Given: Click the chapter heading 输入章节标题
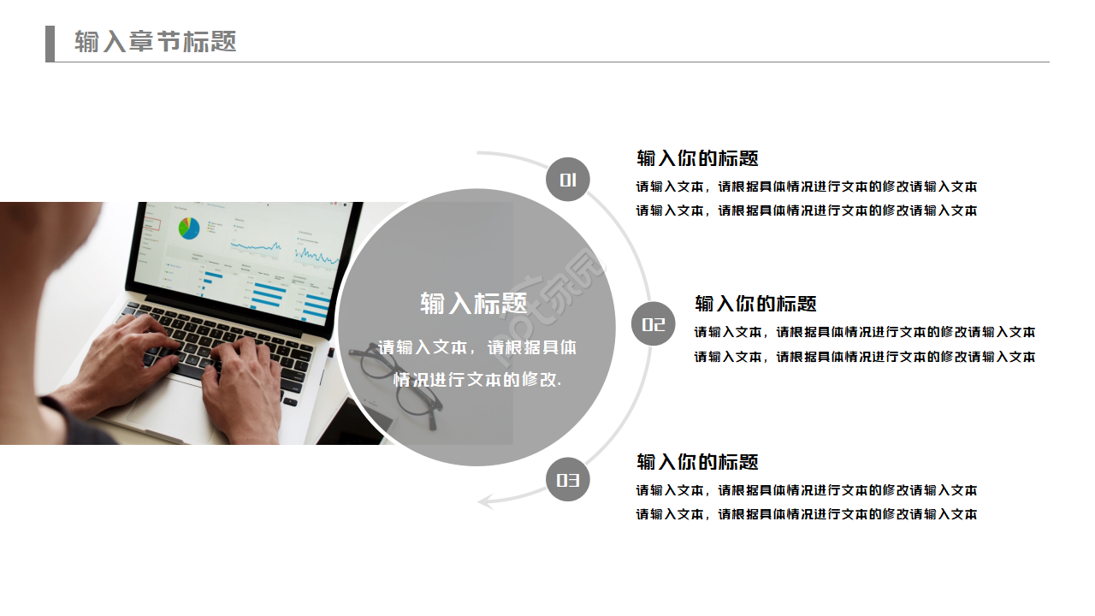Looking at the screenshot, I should [x=155, y=42].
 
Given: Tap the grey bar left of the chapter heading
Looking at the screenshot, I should [x=50, y=44].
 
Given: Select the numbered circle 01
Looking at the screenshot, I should [x=568, y=180].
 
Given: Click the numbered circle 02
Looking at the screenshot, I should [x=654, y=324].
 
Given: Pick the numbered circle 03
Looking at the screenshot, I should [x=568, y=480].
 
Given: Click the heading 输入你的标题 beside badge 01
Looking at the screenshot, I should [x=697, y=158].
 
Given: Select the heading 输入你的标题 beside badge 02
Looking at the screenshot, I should [x=755, y=304].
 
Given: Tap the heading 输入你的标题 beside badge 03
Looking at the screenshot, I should [x=697, y=462].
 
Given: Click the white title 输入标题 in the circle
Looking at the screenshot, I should [x=473, y=303].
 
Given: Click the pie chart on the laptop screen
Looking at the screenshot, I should [x=189, y=228].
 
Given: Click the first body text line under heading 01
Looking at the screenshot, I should [x=806, y=187].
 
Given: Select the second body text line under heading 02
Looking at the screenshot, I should [x=864, y=357].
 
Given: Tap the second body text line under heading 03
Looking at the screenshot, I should [x=806, y=514].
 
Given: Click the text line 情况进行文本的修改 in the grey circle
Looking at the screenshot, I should [x=476, y=380].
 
